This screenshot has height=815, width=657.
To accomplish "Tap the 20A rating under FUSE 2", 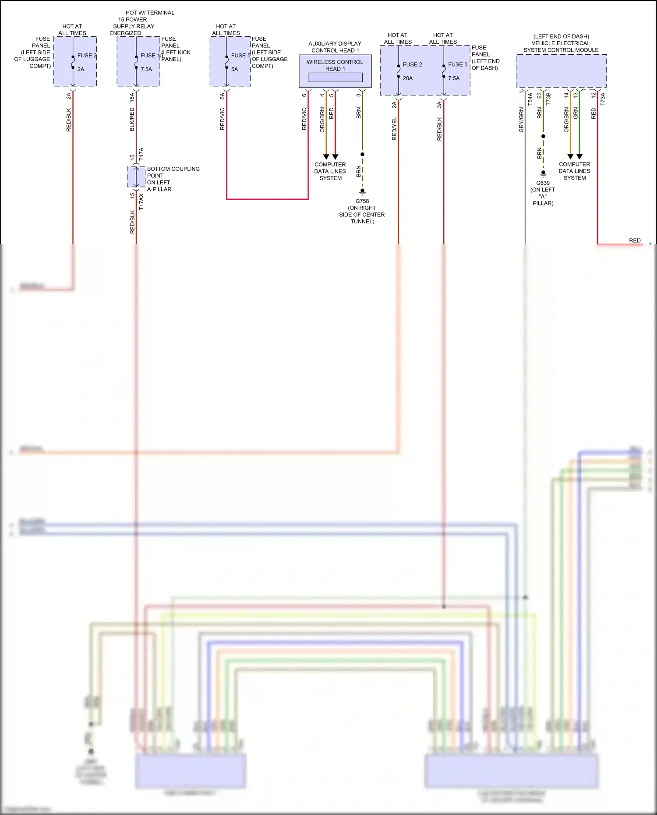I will click(x=408, y=78).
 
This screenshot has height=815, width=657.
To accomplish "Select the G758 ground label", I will click(x=362, y=201).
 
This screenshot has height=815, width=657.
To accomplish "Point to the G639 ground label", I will click(x=543, y=183).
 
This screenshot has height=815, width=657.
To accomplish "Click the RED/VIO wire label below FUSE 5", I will click(x=223, y=119).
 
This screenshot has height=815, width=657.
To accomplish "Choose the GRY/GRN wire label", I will click(x=521, y=120).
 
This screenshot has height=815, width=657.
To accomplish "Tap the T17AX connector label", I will click(x=141, y=202).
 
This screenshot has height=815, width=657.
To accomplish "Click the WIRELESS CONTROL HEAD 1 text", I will click(x=335, y=65).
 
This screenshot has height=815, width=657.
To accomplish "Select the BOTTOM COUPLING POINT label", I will click(x=173, y=172).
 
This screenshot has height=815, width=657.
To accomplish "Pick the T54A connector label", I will click(x=530, y=99).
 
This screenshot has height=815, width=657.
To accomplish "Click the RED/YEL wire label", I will click(x=394, y=129).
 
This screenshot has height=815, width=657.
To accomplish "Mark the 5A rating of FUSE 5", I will click(x=235, y=69).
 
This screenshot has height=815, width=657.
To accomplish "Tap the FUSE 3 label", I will click(x=458, y=64).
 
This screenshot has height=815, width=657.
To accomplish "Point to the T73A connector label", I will click(x=603, y=99).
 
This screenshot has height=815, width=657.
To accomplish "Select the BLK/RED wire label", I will click(x=132, y=120).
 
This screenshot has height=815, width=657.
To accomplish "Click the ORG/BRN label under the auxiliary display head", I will click(x=322, y=120).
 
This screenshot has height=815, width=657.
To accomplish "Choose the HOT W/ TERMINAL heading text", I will click(x=150, y=13).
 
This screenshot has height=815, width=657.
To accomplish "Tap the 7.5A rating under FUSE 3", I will click(x=454, y=78).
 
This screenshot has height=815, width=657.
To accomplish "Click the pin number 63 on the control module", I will click(x=540, y=95).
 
